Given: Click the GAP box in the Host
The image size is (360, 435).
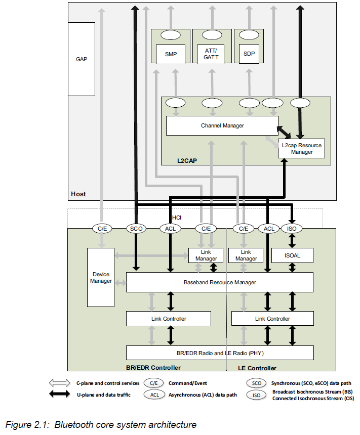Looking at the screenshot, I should (x=82, y=59).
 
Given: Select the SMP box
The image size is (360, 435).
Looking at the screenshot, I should (x=171, y=54).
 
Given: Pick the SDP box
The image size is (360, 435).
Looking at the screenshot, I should (x=249, y=54).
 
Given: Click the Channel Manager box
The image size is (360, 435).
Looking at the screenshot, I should (x=222, y=125).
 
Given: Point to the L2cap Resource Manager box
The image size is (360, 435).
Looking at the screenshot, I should (x=302, y=148).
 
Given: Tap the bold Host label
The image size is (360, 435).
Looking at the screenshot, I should (x=78, y=194).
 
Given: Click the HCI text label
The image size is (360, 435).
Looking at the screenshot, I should (x=177, y=217).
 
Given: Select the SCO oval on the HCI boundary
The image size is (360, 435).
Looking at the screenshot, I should (x=136, y=229).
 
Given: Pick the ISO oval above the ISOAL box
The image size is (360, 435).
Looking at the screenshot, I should (x=292, y=229).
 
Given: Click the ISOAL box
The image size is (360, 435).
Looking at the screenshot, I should (x=292, y=255).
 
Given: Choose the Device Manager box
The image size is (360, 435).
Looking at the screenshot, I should (x=101, y=277).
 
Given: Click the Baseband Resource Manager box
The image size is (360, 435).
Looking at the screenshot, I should (x=219, y=282).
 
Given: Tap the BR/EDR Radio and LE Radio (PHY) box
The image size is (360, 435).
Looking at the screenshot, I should (x=219, y=353).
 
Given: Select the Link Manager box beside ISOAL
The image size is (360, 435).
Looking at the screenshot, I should (x=246, y=255).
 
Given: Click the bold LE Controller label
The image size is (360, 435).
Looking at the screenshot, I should (x=257, y=368).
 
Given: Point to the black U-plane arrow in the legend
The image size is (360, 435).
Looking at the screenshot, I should (x=60, y=395).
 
